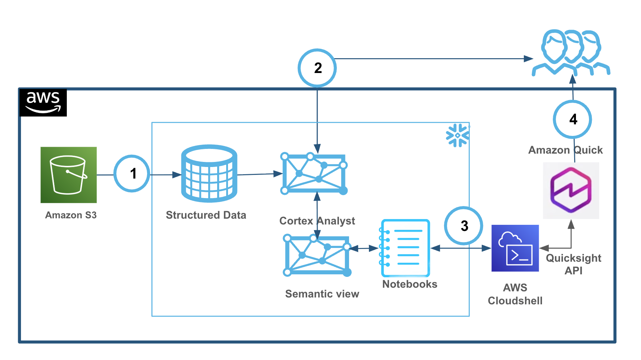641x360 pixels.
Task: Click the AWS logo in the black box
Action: (x=43, y=102)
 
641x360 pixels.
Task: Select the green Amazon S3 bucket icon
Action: (x=69, y=175)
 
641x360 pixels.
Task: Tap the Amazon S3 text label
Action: (x=71, y=215)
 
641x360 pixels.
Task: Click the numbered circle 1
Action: (x=132, y=173)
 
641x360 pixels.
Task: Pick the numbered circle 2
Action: (x=317, y=68)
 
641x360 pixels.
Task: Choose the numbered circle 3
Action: (x=464, y=226)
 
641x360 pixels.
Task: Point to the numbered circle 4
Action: (x=572, y=119)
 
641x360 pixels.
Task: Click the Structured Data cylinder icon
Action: (x=209, y=173)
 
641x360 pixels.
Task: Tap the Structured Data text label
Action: (x=206, y=215)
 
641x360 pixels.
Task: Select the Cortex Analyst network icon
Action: (x=314, y=174)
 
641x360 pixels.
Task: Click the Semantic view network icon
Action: (x=317, y=255)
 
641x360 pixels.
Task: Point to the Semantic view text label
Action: (x=322, y=294)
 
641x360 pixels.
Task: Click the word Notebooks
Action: (x=410, y=284)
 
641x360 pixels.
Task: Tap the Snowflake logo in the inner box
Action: (x=457, y=135)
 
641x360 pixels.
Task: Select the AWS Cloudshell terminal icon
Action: (x=515, y=248)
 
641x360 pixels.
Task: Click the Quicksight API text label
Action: (x=573, y=264)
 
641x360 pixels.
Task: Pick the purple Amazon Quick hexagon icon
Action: (x=571, y=190)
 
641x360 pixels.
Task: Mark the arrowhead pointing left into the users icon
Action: (x=528, y=59)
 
